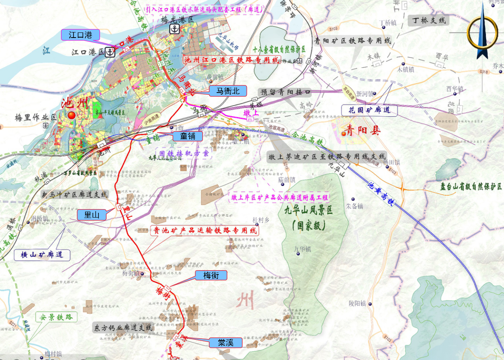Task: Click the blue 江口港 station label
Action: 80,35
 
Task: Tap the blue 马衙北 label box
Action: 228,91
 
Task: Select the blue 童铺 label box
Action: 188,136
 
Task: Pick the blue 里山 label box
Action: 91,215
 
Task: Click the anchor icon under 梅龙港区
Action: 174,28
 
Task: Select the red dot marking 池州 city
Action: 72,115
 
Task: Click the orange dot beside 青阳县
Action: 344,133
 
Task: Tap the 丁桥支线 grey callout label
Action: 429,20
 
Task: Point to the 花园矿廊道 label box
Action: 369,110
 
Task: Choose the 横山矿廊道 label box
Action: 42,254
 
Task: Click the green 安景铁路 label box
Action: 56,317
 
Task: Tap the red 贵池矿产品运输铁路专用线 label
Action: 205,231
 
